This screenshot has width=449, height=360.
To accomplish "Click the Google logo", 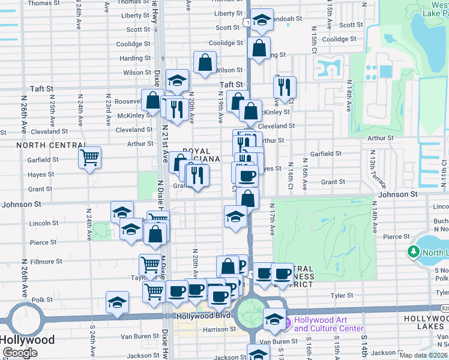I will (x=20, y=353).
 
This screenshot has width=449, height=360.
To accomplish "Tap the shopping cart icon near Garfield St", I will (x=89, y=158).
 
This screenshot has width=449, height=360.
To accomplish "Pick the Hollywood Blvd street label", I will (x=203, y=316).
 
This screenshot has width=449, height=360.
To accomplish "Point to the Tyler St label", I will (x=342, y=295).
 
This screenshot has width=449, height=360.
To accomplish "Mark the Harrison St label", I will (x=219, y=329).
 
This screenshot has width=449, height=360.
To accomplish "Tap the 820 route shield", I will (x=444, y=308).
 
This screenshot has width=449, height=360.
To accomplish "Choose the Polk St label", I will (x=42, y=299).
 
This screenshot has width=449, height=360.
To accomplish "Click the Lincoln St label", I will (x=42, y=223).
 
